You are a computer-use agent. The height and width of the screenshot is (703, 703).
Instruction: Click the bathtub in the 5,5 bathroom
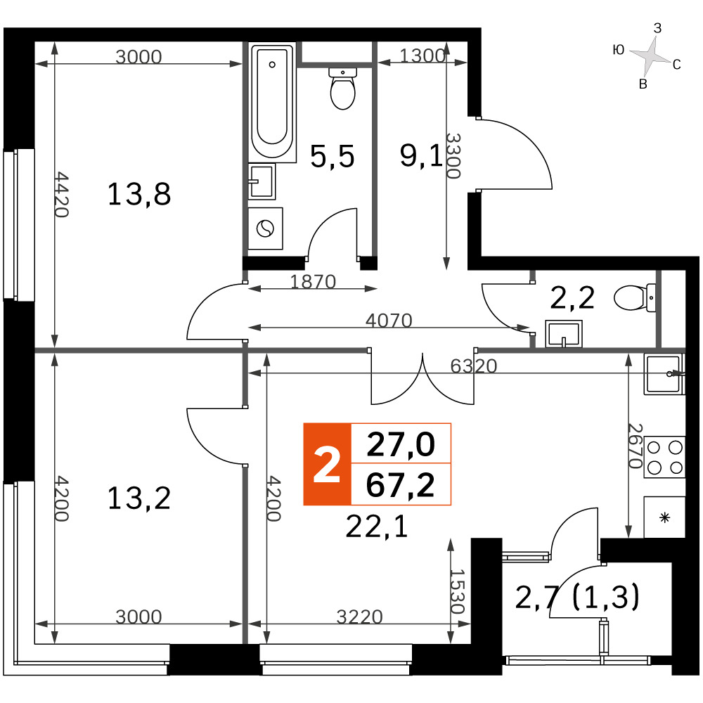coord(272,102)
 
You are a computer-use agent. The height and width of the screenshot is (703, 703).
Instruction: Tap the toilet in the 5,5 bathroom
coord(342,89)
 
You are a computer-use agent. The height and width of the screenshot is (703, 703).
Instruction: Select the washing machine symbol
coord(265,228)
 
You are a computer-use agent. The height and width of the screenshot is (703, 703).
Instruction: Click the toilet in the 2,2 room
coord(634,297)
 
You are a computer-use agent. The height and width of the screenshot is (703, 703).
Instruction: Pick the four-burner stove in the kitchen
coord(664,457)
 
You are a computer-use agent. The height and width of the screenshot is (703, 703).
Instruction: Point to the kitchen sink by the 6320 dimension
coord(664,374)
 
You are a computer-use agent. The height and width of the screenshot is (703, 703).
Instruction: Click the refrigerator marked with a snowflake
coord(664,517)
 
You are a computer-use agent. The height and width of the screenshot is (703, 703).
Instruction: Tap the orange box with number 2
coord(327,464)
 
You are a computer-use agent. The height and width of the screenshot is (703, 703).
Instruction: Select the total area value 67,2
coord(401,484)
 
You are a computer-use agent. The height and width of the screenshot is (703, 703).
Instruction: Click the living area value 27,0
coord(401,444)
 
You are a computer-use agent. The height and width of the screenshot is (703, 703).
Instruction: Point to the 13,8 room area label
coord(139,194)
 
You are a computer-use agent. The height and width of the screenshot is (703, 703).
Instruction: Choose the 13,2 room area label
coord(139,498)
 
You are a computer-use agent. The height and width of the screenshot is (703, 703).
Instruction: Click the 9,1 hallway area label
coord(421,156)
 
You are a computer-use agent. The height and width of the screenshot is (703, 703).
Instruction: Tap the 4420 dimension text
coord(61,194)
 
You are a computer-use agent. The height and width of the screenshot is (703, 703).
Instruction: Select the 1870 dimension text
coord(313,282)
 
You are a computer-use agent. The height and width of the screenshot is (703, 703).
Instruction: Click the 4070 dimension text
coord(389,321)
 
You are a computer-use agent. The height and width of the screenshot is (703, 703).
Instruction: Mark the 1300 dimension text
coord(422,56)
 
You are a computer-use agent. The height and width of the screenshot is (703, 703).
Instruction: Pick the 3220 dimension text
coord(359,617)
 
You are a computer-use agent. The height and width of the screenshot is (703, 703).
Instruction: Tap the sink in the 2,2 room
coord(564,333)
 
